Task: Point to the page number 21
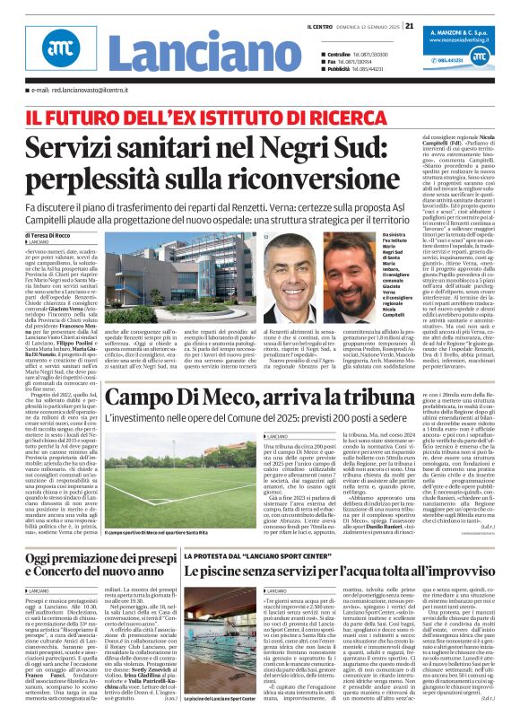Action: [x=409, y=25]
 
